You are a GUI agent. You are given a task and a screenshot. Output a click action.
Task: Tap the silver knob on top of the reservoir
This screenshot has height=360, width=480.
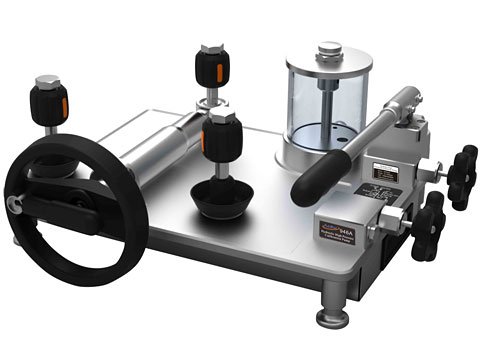coord(329,51)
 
